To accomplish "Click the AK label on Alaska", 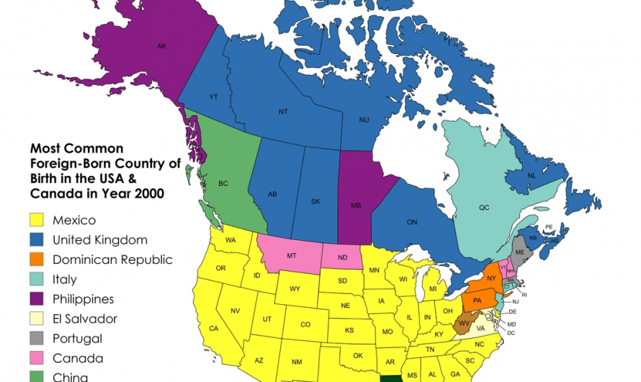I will click(x=161, y=46).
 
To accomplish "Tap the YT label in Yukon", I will click(x=213, y=97).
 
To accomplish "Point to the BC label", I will click(x=223, y=184).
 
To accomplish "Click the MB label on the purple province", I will click(x=356, y=205).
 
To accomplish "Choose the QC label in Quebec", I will click(x=484, y=208).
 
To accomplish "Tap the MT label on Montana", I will click(x=292, y=255).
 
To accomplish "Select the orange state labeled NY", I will click(x=490, y=278).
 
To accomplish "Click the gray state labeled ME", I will click(x=520, y=252).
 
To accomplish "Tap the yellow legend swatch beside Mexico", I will click(x=38, y=220).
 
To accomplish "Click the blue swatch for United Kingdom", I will click(x=38, y=240).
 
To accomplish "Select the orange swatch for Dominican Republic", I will click(x=38, y=259).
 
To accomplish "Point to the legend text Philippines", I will click(x=83, y=299).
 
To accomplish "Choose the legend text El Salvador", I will click(x=84, y=319).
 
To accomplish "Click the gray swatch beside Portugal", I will click(x=38, y=338).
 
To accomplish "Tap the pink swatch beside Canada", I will click(x=38, y=358).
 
